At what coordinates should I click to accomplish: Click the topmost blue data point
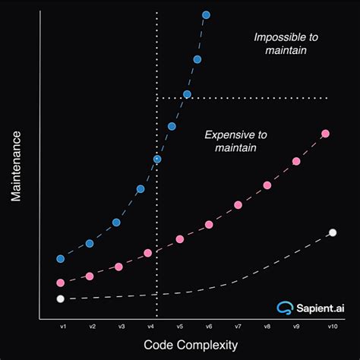coord(207,14)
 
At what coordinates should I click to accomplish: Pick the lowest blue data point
coord(61,258)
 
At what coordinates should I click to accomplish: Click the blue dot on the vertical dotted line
coord(157,159)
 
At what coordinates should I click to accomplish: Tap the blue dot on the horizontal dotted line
coord(187,95)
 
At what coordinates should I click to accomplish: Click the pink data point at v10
coord(326,134)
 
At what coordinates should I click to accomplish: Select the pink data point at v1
coord(61,283)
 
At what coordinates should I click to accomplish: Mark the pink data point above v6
coord(210,225)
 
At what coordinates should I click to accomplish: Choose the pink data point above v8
coord(267,185)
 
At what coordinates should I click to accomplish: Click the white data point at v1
coord(61,298)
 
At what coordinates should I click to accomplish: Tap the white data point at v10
coord(332,232)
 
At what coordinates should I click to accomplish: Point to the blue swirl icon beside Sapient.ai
coord(284,308)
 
